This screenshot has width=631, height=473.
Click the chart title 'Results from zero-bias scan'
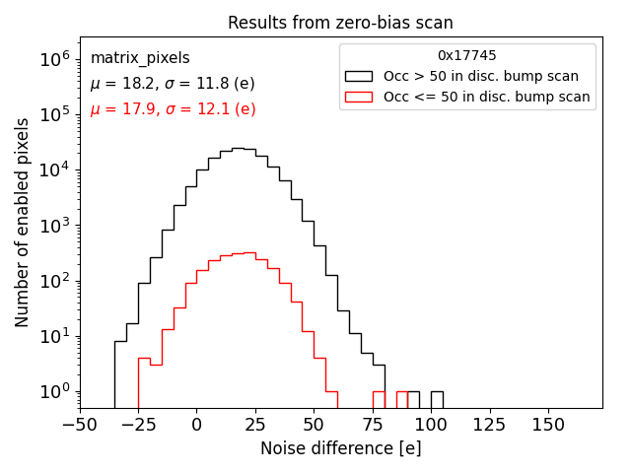point(340,23)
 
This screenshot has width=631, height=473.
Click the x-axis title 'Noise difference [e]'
point(340,448)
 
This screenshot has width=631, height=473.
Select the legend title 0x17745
point(466,56)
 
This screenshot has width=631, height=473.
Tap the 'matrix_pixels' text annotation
point(140,59)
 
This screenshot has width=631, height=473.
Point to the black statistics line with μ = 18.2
point(173,84)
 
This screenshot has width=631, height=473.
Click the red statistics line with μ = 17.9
point(173,109)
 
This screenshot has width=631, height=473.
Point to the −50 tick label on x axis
point(79,424)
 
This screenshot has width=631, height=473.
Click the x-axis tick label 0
point(196,424)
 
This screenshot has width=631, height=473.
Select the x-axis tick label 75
point(372,424)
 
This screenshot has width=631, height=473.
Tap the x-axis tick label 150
point(548,424)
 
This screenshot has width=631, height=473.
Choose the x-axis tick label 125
point(489,424)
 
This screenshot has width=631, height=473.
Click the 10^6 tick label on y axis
point(55,59)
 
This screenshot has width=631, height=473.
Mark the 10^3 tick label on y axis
point(55,226)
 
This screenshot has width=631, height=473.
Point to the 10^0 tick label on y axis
point(55,392)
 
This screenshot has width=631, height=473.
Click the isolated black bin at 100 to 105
point(437,399)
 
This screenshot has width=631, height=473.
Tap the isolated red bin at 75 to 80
point(379,399)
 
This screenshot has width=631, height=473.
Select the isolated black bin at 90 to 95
point(413,399)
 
